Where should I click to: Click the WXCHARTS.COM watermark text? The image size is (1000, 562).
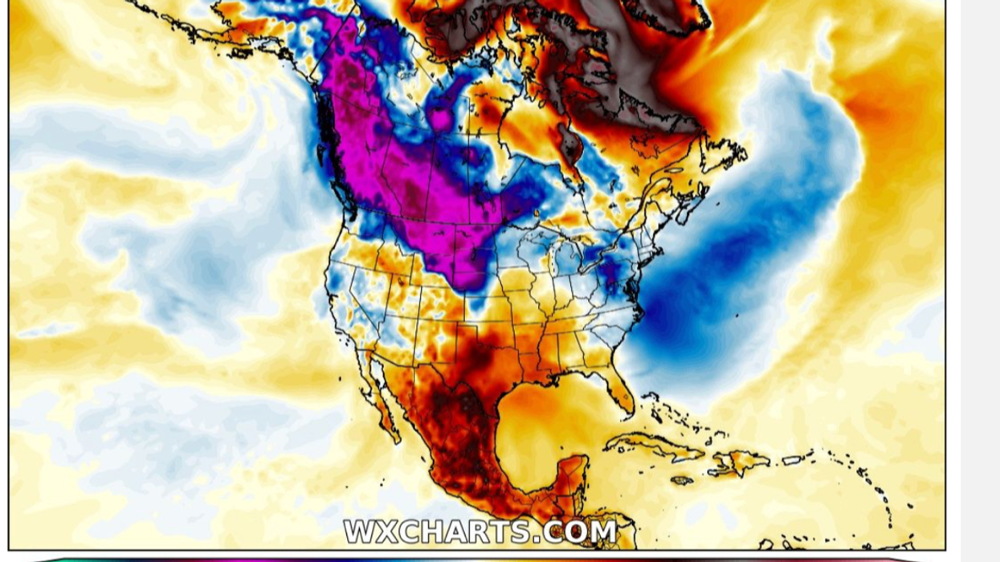tap(480, 531)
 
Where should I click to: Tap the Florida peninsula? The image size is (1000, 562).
tap(619, 389)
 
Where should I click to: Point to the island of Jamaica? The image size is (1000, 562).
tap(682, 480)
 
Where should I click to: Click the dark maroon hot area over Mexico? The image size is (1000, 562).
tap(450, 417)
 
